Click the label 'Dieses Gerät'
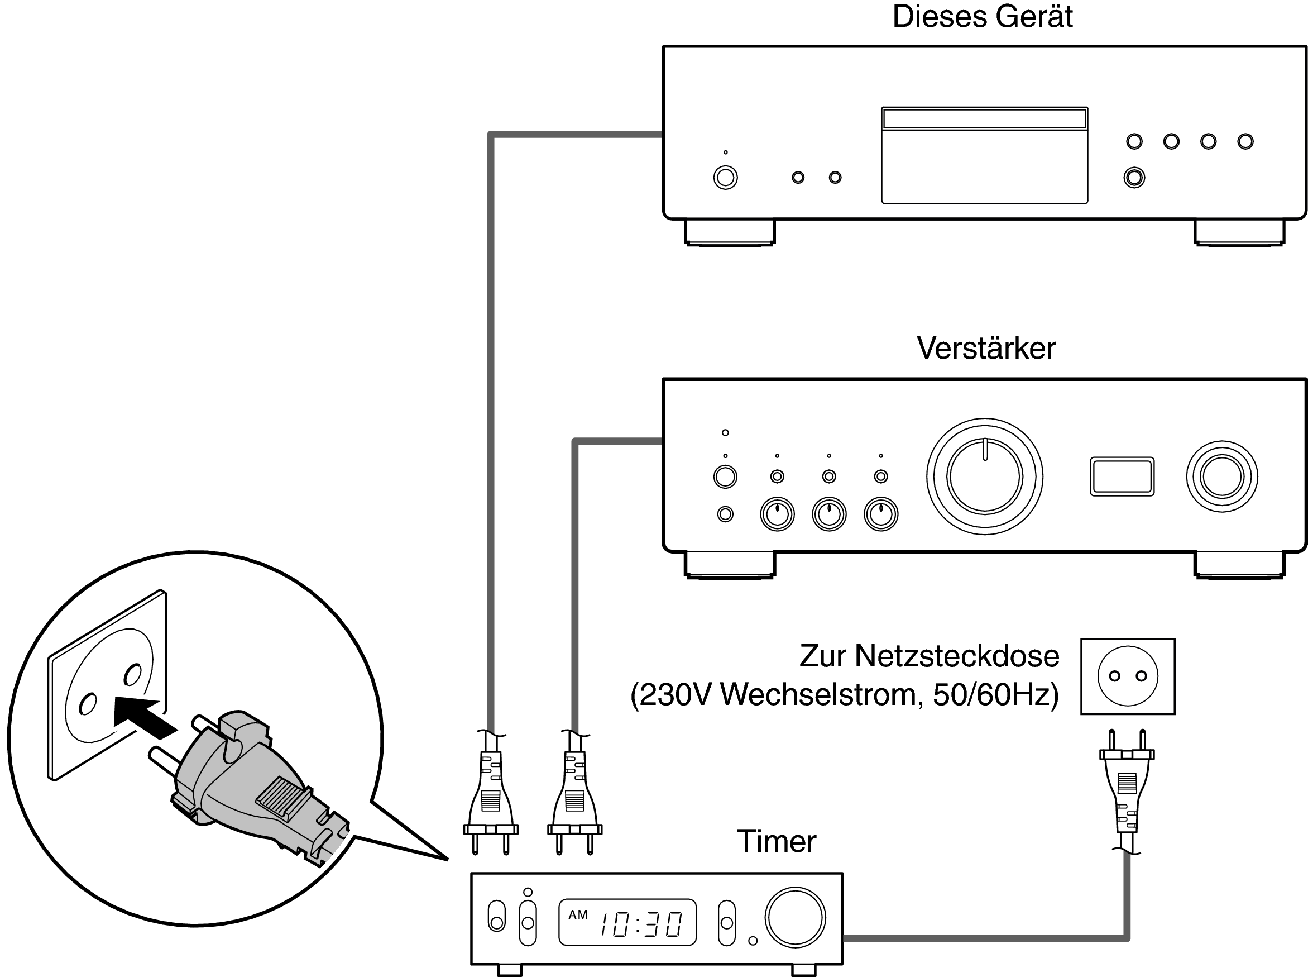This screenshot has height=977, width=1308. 982,17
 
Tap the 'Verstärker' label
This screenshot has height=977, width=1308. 986,349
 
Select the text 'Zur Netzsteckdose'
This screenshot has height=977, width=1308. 928,656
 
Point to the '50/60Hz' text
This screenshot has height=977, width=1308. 995,695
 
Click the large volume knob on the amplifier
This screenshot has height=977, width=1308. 984,476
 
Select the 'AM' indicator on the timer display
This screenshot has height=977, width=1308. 577,915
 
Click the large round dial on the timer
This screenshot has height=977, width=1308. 794,917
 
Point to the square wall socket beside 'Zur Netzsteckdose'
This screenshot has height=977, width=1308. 1127,676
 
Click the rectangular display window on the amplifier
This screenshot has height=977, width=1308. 1122,476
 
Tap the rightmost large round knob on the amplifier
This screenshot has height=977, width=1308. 1221,476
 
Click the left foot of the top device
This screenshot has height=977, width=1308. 729,232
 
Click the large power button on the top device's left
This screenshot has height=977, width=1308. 725,178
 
